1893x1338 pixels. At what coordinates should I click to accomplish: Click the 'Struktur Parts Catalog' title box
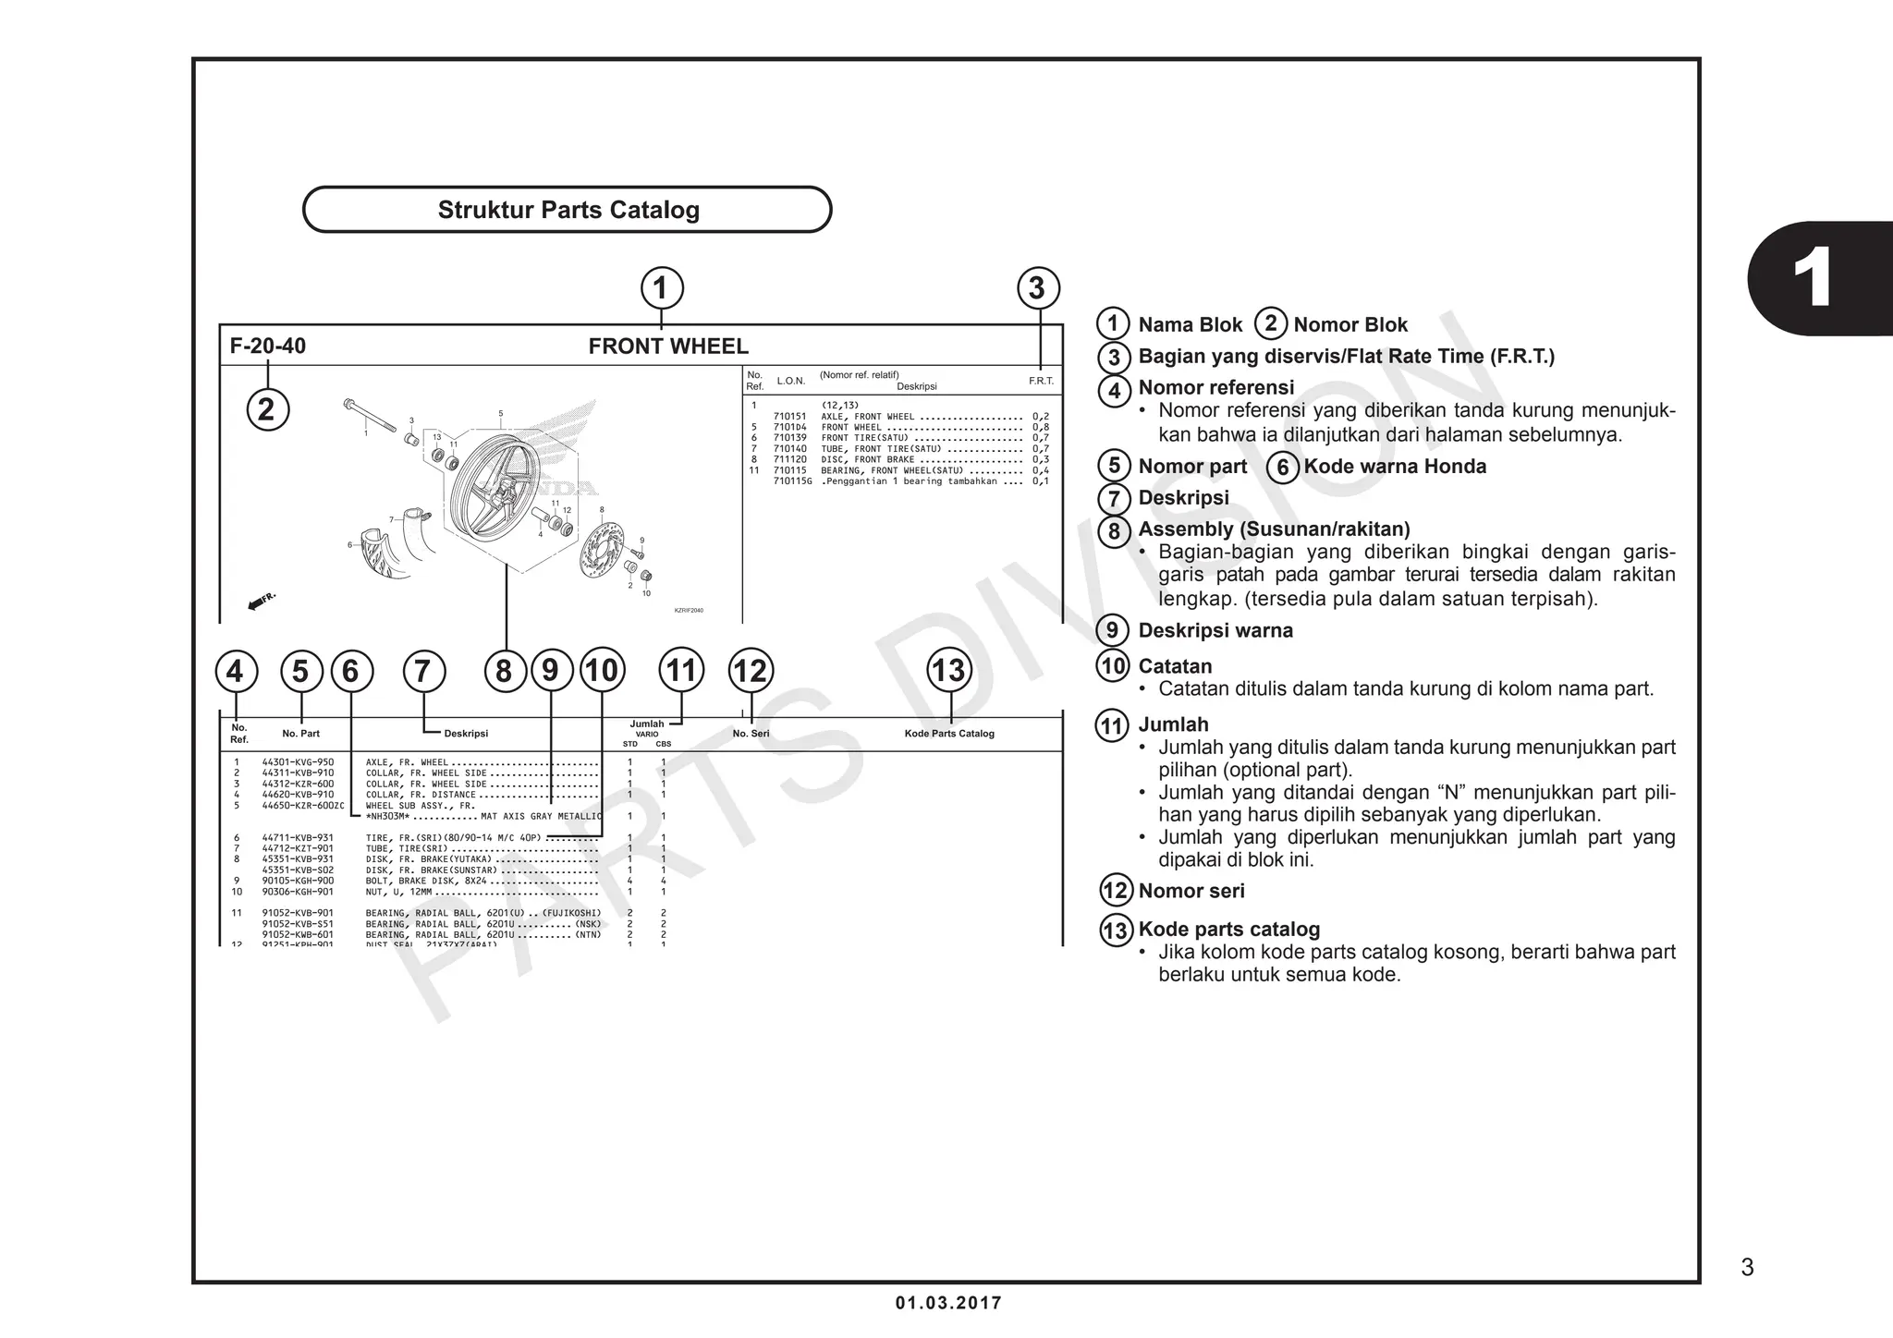tap(568, 210)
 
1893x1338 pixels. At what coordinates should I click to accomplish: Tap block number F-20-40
tap(268, 347)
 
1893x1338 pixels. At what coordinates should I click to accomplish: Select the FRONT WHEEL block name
tap(668, 347)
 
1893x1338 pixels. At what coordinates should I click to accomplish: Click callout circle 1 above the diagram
tap(661, 288)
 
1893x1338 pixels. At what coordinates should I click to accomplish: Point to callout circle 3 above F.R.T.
tap(1037, 288)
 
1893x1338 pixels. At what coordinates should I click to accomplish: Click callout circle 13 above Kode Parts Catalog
tap(949, 670)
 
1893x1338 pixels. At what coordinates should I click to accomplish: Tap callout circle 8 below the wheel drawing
tap(505, 671)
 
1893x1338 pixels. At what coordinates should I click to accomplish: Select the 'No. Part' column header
tap(300, 734)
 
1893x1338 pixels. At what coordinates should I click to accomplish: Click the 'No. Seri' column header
tap(751, 734)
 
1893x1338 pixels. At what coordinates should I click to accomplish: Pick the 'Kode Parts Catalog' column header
tap(949, 734)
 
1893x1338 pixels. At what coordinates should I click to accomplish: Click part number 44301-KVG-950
tap(298, 762)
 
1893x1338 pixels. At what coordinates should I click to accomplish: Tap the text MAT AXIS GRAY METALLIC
tap(541, 817)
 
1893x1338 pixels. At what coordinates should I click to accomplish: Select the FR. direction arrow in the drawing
tap(262, 602)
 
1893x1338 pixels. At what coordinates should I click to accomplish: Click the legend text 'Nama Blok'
tap(1190, 325)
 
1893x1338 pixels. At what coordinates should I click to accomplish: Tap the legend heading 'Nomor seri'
tap(1191, 892)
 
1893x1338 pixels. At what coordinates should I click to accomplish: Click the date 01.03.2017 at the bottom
tap(948, 1304)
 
